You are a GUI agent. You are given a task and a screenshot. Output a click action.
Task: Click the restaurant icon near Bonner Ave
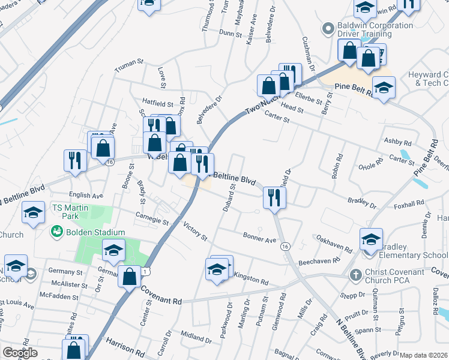[274, 197]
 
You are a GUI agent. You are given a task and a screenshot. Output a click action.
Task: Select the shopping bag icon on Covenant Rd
[129, 277]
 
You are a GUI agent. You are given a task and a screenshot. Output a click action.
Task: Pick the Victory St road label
[195, 232]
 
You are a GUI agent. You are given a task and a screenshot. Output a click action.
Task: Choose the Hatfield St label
[157, 103]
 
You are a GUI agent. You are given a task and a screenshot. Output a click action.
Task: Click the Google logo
[20, 353]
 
